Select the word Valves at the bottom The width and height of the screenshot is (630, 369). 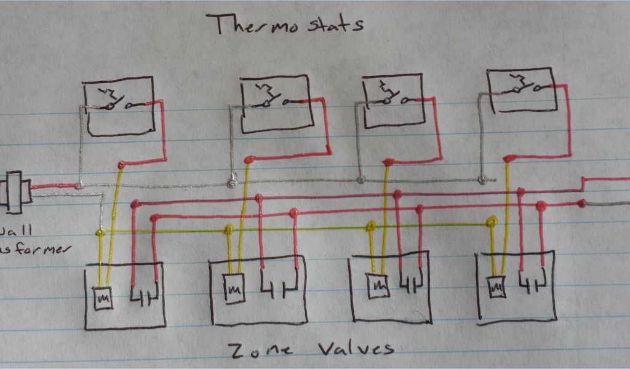pos(356,349)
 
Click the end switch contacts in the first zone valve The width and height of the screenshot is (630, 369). pos(146,296)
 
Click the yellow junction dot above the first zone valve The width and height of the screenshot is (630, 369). pos(100,232)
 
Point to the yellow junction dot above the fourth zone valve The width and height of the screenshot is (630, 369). pos(492,222)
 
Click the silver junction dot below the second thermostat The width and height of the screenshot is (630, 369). pos(232,183)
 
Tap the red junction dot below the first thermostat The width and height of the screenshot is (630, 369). pos(121,165)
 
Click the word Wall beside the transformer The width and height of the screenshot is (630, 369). pos(10,232)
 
